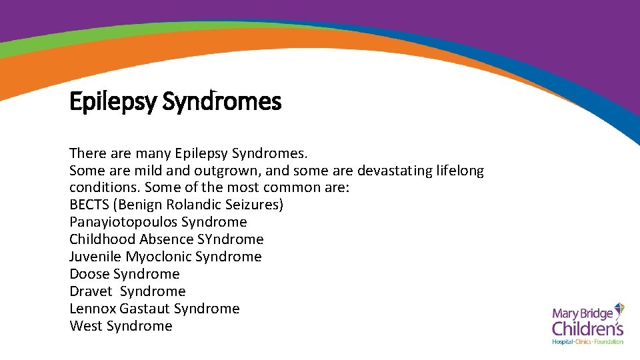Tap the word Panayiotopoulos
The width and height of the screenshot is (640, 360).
pos(123,222)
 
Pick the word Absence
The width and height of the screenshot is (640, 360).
pos(163,239)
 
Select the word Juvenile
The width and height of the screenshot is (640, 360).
pos(95,257)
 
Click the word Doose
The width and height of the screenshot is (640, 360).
pos(89,274)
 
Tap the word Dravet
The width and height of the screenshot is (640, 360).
pos(91,291)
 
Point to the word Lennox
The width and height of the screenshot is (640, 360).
pos(93,309)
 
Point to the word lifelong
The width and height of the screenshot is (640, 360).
pos(460,171)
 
